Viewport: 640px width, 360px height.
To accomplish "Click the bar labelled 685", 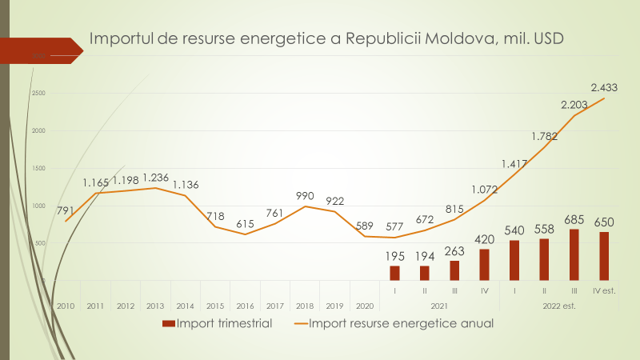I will (574, 254).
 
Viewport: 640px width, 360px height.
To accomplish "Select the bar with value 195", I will (394, 273).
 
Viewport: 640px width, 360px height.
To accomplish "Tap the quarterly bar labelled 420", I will (484, 264).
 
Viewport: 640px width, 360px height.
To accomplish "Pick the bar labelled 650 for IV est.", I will (604, 256).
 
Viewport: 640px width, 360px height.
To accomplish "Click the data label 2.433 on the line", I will (604, 86).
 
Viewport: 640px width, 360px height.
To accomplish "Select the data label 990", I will (306, 195).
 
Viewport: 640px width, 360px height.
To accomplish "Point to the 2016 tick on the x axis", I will (245, 306).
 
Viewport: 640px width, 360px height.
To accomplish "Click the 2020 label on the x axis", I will (364, 306).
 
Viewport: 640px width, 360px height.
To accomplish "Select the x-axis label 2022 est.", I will (559, 306).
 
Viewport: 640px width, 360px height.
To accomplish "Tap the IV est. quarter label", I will (604, 291).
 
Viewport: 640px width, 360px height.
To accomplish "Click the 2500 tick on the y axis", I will (38, 94).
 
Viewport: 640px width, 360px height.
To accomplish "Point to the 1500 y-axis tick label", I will (38, 168).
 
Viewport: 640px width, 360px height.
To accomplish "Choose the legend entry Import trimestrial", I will (217, 324).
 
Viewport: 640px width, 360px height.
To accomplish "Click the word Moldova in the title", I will (456, 38).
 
